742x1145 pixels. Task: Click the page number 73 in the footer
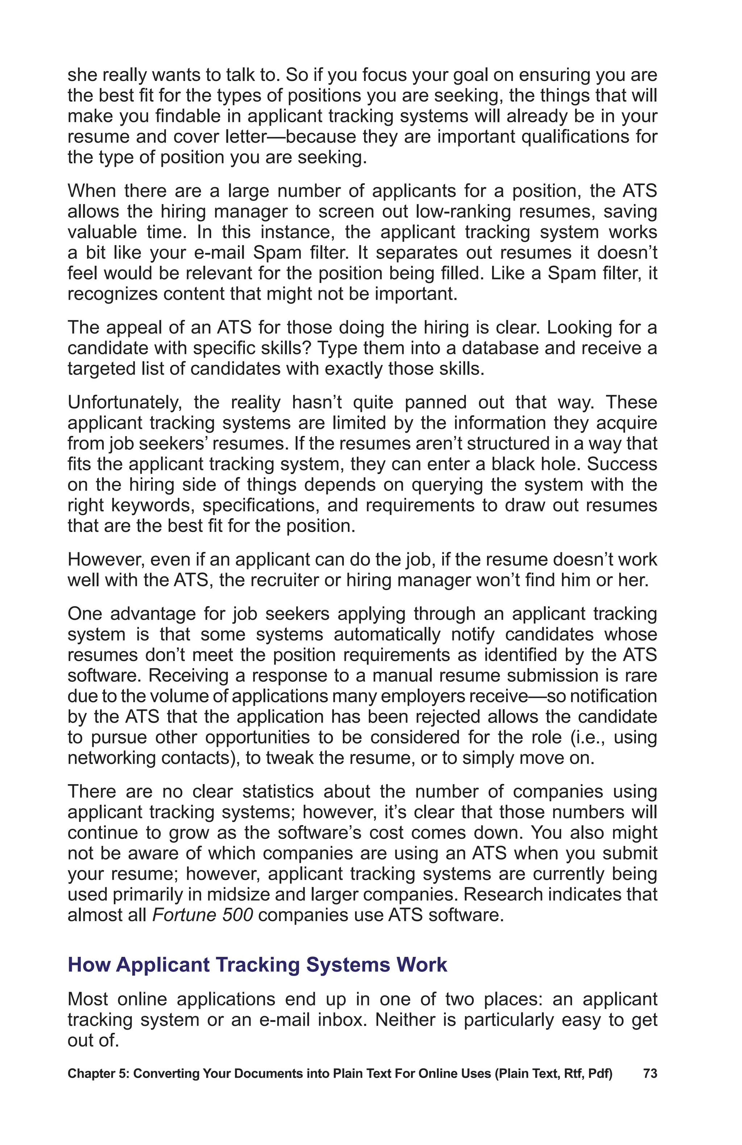pyautogui.click(x=650, y=1074)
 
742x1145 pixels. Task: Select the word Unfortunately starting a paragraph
pyautogui.click(x=125, y=402)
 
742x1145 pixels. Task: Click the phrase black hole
pyautogui.click(x=534, y=464)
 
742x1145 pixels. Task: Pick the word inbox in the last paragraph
pyautogui.click(x=341, y=1020)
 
